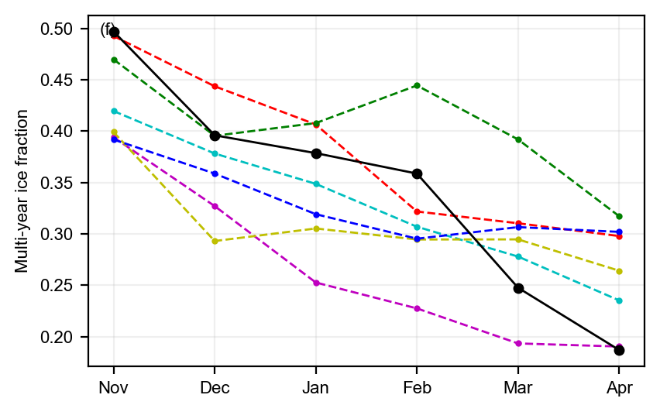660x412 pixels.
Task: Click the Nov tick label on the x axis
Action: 114,387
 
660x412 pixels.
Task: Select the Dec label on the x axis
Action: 215,387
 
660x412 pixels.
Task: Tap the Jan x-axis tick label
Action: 316,387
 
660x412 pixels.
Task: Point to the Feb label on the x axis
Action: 417,387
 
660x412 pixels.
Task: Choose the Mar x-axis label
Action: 518,387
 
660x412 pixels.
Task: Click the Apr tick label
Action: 619,387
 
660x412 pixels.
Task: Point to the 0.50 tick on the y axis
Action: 59,29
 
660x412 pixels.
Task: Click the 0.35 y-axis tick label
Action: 59,184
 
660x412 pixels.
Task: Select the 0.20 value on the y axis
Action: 59,337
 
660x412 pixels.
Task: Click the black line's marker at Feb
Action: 417,173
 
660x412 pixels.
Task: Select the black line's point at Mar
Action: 518,288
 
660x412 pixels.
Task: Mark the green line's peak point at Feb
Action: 417,85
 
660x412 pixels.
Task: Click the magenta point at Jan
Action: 316,283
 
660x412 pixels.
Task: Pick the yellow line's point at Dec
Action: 215,241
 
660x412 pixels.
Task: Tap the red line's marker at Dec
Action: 215,86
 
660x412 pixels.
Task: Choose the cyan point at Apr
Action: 619,300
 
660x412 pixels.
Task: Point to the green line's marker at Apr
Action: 619,216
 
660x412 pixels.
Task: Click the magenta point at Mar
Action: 518,343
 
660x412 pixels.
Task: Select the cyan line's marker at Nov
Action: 114,111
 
